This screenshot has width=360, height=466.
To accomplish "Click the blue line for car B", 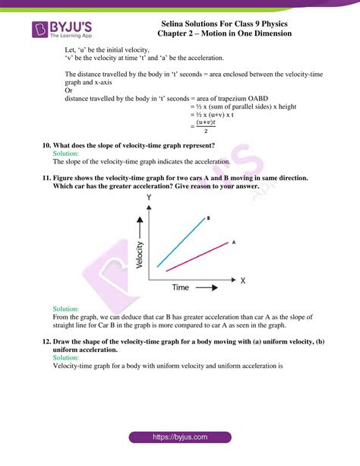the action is pos(182,242).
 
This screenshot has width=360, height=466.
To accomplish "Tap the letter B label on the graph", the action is pos(209,217).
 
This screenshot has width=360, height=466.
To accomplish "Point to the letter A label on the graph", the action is pos(233,242).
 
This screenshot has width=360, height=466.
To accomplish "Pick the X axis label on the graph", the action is pos(243,281).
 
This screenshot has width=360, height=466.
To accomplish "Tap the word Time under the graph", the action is pos(180,288).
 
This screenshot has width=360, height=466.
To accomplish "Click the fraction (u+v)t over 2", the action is pos(201,125).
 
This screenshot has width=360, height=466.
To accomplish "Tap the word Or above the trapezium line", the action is pos(69,90).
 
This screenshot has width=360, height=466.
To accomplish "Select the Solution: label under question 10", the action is pos(66,154).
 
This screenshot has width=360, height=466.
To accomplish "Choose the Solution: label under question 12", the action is pos(66,357).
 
